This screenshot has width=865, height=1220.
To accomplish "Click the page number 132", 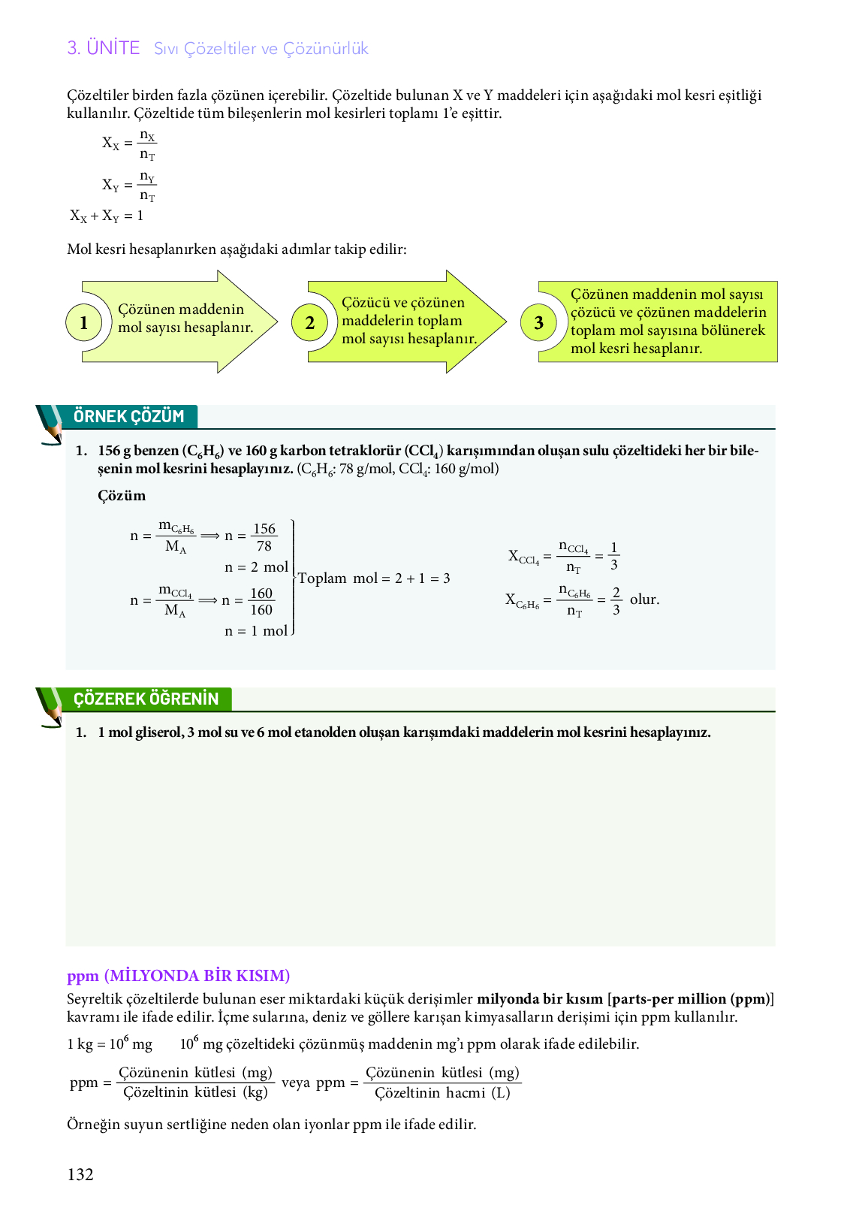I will coord(80,1175).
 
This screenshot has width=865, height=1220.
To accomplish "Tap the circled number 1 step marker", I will coord(84,323).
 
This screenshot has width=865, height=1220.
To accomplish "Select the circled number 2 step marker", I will coord(310,323).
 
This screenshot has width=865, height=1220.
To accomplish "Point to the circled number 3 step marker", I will coord(538,323).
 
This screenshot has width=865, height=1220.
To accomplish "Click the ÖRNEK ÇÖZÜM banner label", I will coord(128,416).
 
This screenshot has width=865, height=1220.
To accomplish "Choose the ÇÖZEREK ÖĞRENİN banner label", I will coord(146,699).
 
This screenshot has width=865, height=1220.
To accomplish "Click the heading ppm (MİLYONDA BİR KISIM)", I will coord(178,976).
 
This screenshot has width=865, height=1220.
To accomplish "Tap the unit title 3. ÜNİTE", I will coord(104,48).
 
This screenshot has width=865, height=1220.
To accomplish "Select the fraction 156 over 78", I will coord(264,537).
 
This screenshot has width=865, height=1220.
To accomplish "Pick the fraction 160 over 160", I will coord(261,602).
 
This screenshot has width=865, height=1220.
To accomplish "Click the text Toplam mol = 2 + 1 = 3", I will coord(374,578).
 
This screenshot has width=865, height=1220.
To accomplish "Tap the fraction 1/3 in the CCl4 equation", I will coord(614,557).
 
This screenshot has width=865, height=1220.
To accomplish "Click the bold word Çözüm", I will coord(122,496).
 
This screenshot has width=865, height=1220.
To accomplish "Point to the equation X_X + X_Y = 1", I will coord(107,216).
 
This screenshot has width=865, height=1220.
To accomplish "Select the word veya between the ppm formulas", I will coord(296,1083).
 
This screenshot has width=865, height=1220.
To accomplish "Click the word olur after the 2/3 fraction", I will coord(644,599).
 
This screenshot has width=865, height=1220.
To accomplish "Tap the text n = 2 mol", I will coord(256,567).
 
